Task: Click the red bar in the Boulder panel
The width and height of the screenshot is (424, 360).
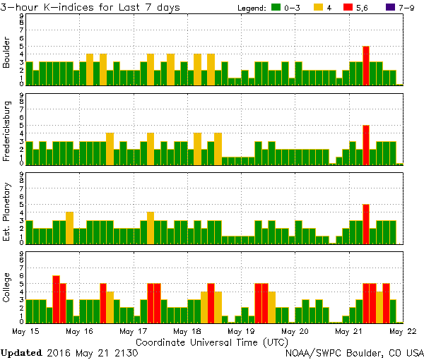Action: click(x=366, y=66)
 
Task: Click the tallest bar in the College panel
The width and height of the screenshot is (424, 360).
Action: click(x=56, y=299)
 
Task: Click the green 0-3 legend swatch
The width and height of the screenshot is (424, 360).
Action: click(x=278, y=8)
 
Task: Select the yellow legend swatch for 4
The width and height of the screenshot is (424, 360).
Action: click(x=318, y=8)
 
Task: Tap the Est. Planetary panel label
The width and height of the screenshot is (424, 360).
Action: click(x=7, y=211)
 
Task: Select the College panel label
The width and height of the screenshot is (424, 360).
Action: click(x=7, y=290)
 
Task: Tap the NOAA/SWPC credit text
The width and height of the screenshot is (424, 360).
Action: click(x=353, y=352)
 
